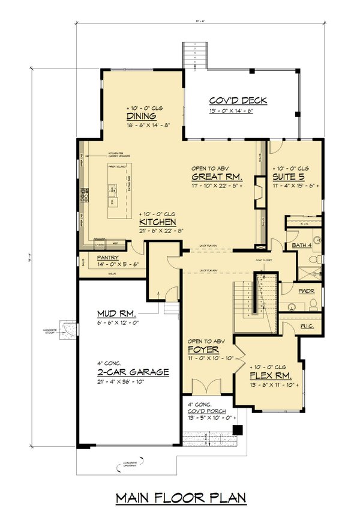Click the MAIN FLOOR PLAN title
click(180, 498)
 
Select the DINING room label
click(142, 116)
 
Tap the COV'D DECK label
click(238, 101)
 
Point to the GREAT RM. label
click(217, 178)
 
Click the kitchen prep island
click(111, 192)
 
